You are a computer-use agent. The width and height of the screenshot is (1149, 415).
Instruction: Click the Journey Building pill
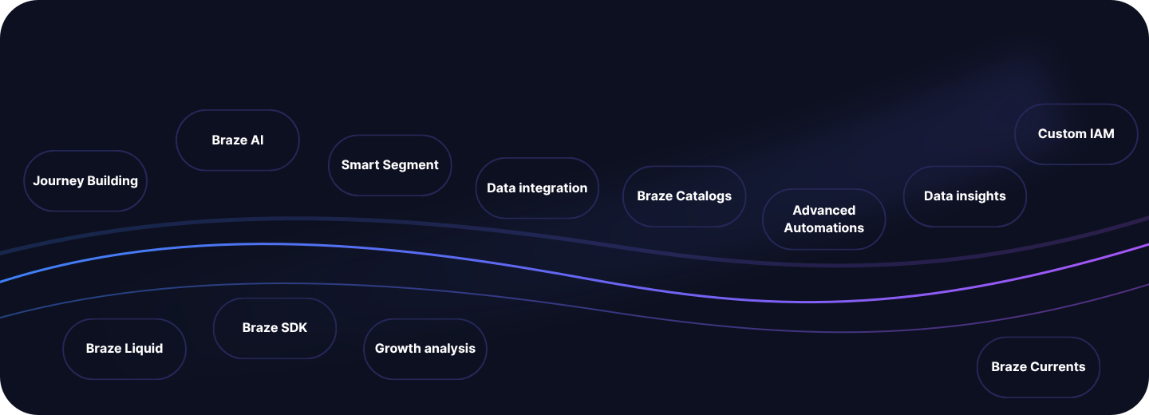pyautogui.click(x=85, y=180)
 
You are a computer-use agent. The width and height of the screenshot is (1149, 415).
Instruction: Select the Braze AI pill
pyautogui.click(x=238, y=140)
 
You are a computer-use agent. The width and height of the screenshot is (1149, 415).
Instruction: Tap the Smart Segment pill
pyautogui.click(x=390, y=165)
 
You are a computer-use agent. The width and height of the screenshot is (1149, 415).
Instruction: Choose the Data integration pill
pyautogui.click(x=537, y=188)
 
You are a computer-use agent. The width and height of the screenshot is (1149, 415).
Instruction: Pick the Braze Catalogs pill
pyautogui.click(x=685, y=196)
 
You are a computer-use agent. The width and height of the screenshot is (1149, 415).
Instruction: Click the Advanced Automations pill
pyautogui.click(x=823, y=219)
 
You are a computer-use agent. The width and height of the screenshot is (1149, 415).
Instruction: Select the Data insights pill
pyautogui.click(x=965, y=196)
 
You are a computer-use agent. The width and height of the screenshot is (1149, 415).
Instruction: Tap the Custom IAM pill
pyautogui.click(x=1076, y=134)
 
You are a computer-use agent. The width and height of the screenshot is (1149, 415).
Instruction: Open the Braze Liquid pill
pyautogui.click(x=124, y=349)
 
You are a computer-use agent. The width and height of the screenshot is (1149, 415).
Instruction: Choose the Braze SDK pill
pyautogui.click(x=275, y=328)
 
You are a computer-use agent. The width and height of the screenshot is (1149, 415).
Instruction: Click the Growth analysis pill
pyautogui.click(x=425, y=349)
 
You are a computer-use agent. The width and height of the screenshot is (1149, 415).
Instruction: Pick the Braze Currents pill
pyautogui.click(x=1038, y=367)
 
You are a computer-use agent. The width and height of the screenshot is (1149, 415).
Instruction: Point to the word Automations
pyautogui.click(x=823, y=227)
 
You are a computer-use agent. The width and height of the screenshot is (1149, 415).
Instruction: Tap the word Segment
pyautogui.click(x=414, y=165)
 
